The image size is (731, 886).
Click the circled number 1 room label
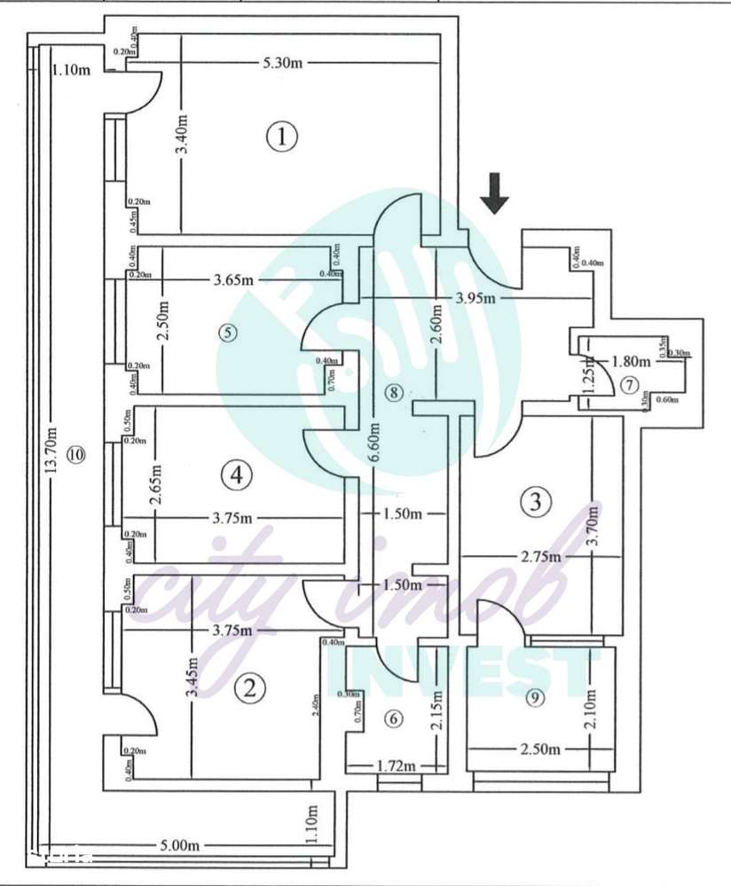(x=281, y=137)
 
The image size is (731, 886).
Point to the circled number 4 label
(x=235, y=475)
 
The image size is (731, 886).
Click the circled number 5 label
(x=228, y=333)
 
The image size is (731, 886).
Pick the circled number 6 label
(x=394, y=720)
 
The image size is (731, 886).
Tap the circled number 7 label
(x=628, y=385)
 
